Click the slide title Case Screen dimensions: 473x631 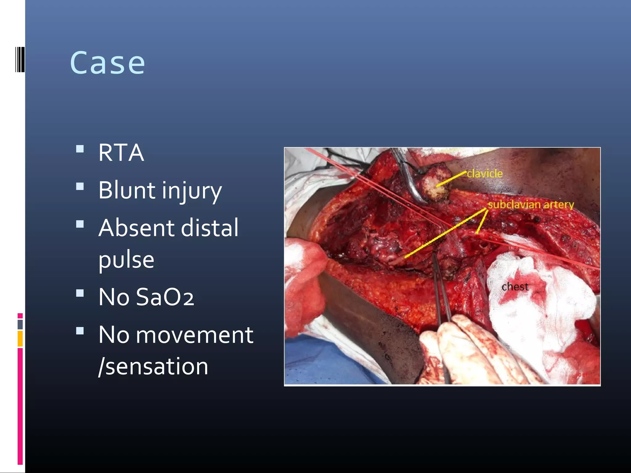108,63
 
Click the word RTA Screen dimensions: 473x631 121,153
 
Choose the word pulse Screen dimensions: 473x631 126,260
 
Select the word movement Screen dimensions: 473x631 194,335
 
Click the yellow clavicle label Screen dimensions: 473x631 485,174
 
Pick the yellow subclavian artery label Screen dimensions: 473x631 531,204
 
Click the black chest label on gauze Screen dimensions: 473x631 515,287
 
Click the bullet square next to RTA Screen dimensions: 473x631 80,149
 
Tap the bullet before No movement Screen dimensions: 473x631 80,331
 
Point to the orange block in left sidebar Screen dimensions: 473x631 20,338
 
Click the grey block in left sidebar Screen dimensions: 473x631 20,324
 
